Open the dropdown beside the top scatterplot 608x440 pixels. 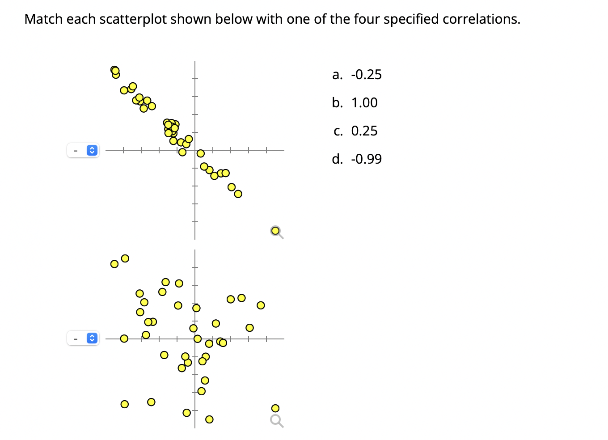[83, 150]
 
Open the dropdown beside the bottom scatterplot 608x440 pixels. [83, 338]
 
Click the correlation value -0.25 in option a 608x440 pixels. [366, 75]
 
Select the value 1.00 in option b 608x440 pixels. [364, 103]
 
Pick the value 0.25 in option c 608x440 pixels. [364, 131]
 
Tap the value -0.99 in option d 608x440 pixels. [366, 159]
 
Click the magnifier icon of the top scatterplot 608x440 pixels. [277, 232]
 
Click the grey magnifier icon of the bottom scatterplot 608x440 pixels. [277, 421]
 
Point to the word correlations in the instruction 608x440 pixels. [481, 19]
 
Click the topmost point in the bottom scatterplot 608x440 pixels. [125, 258]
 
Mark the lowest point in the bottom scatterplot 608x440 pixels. [209, 419]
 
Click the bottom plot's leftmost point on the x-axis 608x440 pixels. [124, 338]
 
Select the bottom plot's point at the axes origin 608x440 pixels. [197, 338]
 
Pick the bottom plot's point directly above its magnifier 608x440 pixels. [275, 408]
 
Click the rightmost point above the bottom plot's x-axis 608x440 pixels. [261, 305]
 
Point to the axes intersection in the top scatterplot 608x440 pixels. [194, 150]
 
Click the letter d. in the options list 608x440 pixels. [337, 159]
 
